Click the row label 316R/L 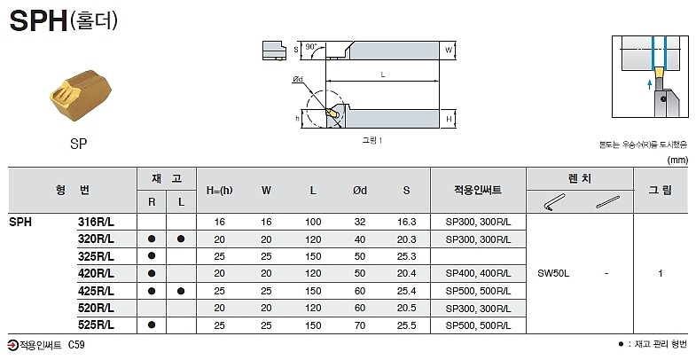[96, 222]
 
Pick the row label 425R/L [96, 291]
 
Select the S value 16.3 [406, 222]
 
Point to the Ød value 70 [360, 325]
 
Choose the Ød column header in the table [360, 190]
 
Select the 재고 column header [166, 178]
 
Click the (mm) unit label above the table [676, 160]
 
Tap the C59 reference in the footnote [77, 344]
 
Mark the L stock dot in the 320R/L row [181, 239]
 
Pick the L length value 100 [313, 222]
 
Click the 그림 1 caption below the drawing [372, 140]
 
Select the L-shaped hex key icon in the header [552, 201]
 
